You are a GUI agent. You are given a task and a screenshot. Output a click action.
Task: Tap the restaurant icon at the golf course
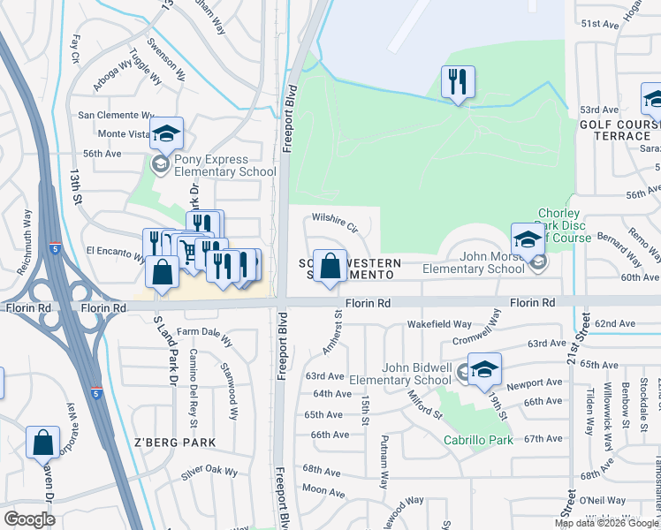click(x=458, y=82)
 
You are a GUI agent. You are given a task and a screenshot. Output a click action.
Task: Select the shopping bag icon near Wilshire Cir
click(x=330, y=266)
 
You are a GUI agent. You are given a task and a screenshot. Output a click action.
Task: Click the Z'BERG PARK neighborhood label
click(x=174, y=442)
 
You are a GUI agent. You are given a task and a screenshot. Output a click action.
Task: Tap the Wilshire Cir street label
click(x=333, y=221)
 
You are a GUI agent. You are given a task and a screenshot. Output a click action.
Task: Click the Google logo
click(x=29, y=519)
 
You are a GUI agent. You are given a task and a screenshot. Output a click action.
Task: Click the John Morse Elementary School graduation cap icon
click(x=527, y=239)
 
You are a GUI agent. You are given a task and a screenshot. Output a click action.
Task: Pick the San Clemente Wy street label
click(x=117, y=115)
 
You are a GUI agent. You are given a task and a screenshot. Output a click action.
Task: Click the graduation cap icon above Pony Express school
click(x=165, y=134)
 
